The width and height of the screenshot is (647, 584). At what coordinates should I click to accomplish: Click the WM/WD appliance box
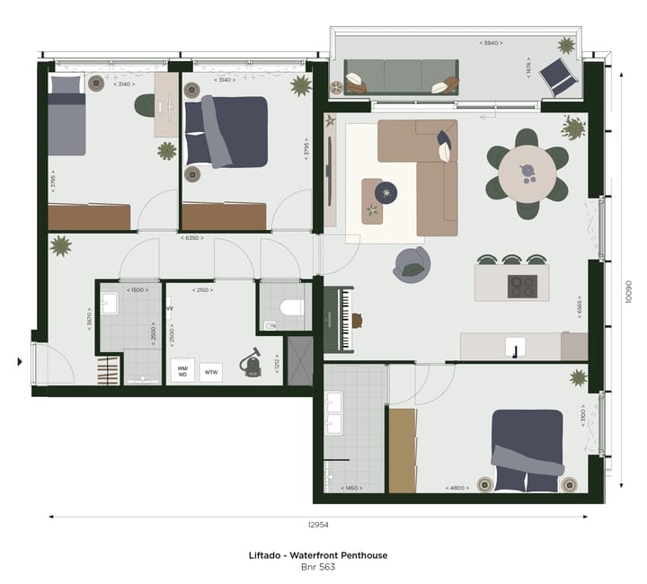(x=182, y=370)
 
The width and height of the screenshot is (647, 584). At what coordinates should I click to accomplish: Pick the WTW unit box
(x=212, y=371)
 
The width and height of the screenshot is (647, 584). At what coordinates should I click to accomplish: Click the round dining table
(x=527, y=173)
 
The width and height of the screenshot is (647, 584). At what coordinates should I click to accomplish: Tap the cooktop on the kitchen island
(x=522, y=286)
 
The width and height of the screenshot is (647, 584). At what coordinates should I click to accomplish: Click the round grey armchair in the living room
(x=412, y=264)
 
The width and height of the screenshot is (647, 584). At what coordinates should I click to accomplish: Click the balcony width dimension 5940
(x=490, y=42)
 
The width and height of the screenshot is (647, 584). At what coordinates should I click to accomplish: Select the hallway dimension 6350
(x=190, y=238)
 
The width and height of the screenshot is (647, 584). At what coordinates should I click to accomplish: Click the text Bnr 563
(x=318, y=567)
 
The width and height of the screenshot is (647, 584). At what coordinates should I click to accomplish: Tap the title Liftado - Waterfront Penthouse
(x=318, y=555)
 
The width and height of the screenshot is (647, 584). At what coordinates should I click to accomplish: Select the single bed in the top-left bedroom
(x=66, y=117)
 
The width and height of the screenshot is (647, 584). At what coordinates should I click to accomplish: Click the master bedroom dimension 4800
(x=457, y=488)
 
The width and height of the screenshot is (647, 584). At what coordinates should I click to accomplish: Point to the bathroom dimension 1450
(x=352, y=488)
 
